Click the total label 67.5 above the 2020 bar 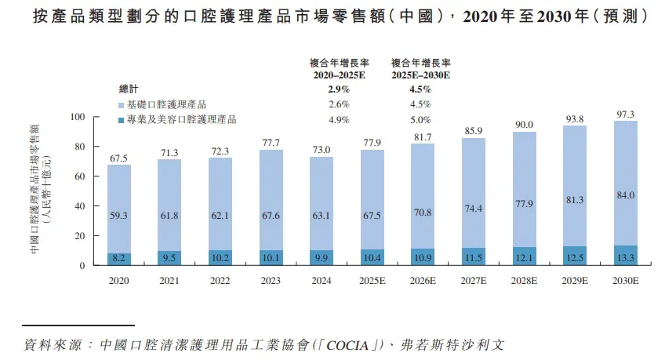tap(119, 158)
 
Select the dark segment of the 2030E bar tap(625, 256)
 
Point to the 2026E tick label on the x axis tap(423, 279)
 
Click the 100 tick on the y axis tap(76, 117)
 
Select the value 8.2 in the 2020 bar tap(119, 257)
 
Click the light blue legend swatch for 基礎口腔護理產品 tap(111, 105)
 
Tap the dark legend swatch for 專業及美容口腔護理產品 tap(111, 120)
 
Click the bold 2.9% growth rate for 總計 tap(338, 89)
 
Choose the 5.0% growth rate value tap(420, 120)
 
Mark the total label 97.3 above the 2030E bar tap(625, 115)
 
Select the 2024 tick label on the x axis tap(322, 279)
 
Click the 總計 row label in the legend tap(128, 89)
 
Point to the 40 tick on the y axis tap(79, 206)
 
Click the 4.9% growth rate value tap(338, 120)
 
